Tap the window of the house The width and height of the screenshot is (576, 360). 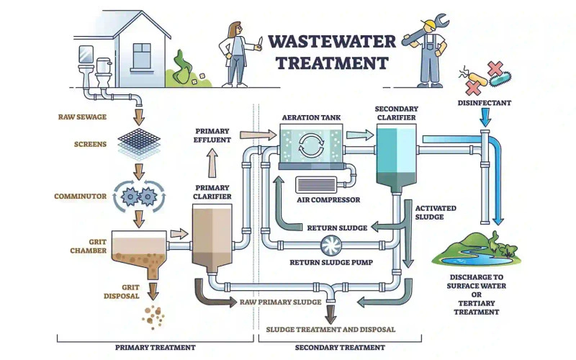(x=143, y=55)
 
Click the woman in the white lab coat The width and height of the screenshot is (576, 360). (x=237, y=55)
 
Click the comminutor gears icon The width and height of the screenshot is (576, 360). (x=139, y=197)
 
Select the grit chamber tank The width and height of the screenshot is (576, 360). (x=136, y=249)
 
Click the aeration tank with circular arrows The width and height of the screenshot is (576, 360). (x=311, y=142)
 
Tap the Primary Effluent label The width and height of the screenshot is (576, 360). (x=212, y=135)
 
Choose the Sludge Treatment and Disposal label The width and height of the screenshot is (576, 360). (x=330, y=329)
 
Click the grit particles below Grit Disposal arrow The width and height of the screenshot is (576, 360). (x=153, y=315)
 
